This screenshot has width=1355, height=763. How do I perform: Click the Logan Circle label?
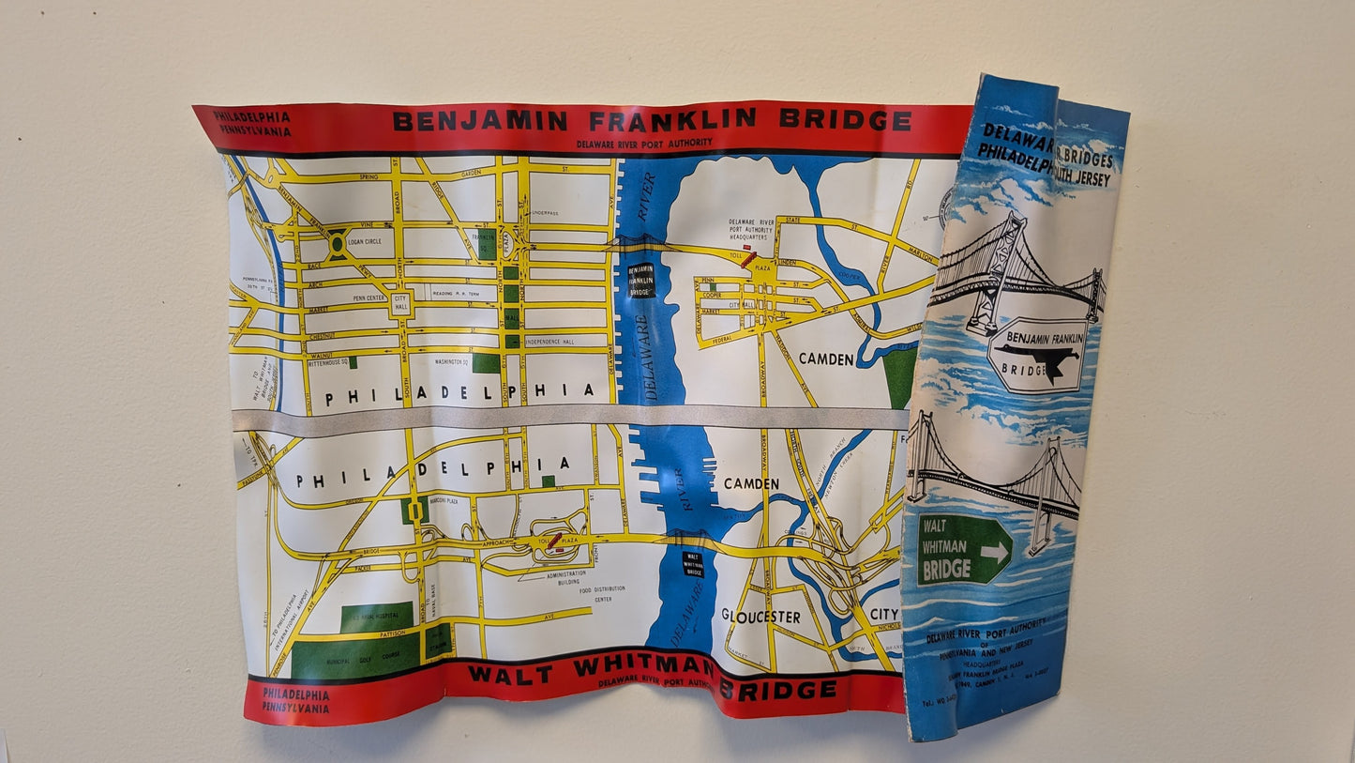pos(369,241)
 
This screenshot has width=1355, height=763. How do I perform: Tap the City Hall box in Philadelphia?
pos(401,303)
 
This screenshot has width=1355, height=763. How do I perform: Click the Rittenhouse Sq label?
pos(324,361)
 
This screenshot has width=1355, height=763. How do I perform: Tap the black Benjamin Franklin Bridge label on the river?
pos(640,280)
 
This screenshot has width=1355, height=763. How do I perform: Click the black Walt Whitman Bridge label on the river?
pos(693,563)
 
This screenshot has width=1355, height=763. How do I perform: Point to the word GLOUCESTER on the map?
pos(760,617)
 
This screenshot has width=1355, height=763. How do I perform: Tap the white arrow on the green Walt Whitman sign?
pos(994,552)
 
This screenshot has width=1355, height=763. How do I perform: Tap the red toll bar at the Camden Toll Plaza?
pos(747,260)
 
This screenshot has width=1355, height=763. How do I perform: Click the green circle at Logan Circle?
pos(336,244)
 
